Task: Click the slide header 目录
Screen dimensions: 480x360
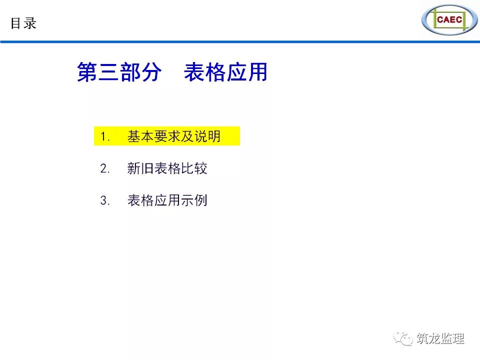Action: [x=23, y=23]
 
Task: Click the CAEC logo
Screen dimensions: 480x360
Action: [x=449, y=19]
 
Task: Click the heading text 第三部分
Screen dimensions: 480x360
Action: [x=119, y=72]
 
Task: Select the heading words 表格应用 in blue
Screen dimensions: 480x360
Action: [x=225, y=72]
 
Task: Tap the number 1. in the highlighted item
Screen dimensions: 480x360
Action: [x=105, y=136]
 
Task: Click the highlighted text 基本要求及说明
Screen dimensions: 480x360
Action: [x=174, y=136]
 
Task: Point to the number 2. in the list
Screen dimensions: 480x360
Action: [x=105, y=168]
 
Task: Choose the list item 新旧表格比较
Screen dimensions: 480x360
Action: [x=167, y=168]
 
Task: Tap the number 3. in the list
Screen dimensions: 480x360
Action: [x=105, y=201]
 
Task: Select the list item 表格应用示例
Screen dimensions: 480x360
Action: [x=167, y=200]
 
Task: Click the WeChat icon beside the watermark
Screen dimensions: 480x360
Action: [x=403, y=338]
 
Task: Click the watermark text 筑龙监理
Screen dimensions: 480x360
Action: [x=440, y=338]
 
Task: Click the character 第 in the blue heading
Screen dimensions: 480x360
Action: [x=87, y=72]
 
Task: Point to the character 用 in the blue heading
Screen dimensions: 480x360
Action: [x=258, y=72]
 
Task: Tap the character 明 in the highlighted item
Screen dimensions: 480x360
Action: [x=214, y=136]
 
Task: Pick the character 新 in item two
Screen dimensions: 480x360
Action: [x=134, y=168]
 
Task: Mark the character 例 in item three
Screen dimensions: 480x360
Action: [x=201, y=200]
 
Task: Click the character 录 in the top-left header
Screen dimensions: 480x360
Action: [x=30, y=23]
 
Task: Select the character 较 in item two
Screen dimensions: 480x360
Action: [x=201, y=168]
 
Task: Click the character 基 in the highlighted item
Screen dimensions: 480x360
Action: [x=134, y=136]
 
